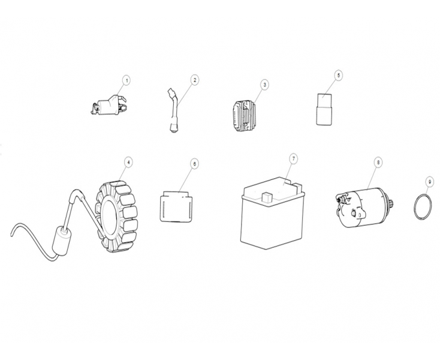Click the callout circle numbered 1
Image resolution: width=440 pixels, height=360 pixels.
click(x=126, y=81)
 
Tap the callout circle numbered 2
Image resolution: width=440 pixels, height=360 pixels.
click(x=195, y=80)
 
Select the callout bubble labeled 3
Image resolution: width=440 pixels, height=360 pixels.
click(x=264, y=85)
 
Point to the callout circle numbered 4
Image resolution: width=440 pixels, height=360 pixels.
click(x=128, y=163)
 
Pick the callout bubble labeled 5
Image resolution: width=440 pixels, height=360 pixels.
click(x=339, y=75)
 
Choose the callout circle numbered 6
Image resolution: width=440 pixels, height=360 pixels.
click(x=194, y=164)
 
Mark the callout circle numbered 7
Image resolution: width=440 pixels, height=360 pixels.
click(x=293, y=158)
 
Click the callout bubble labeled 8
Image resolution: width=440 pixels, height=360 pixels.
click(x=378, y=162)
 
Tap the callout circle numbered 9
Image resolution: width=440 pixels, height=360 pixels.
click(x=429, y=182)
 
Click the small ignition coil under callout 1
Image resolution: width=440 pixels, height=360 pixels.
click(x=109, y=106)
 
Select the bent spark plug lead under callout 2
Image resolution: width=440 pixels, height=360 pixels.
click(x=174, y=110)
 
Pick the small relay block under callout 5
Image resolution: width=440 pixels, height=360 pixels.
click(x=324, y=109)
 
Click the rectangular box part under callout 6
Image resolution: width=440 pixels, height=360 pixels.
click(x=176, y=206)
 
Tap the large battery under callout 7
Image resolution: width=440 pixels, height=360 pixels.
click(x=273, y=213)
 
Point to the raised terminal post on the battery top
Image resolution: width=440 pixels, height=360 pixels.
click(x=266, y=197)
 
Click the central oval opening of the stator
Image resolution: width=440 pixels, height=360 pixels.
click(x=109, y=216)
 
